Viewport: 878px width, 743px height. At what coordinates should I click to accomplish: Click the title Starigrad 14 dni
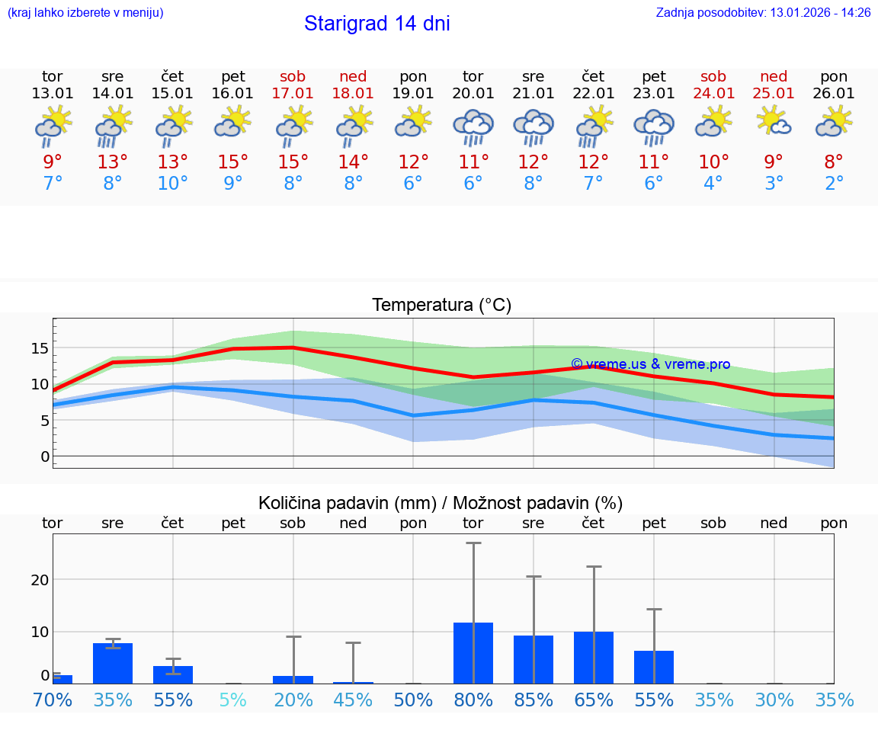377,24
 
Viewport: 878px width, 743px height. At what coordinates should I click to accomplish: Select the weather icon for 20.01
473,128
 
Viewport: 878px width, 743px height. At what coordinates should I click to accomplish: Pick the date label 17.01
293,94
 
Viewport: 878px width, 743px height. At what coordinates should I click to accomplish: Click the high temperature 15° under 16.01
232,162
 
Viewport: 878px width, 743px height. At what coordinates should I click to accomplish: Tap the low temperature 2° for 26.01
834,184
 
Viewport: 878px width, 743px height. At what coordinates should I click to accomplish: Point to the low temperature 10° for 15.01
172,184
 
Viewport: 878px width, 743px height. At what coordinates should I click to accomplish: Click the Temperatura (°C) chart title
441,306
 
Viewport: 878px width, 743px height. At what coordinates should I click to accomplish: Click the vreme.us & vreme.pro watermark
650,364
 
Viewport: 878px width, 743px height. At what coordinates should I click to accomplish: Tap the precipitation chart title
441,503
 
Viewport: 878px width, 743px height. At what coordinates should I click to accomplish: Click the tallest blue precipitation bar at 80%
473,653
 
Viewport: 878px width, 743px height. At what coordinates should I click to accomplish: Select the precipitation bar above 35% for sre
113,663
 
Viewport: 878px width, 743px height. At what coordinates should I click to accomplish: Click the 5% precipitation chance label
232,700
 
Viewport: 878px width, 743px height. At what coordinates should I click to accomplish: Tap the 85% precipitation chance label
534,700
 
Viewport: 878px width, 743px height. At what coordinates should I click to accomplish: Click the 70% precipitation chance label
53,700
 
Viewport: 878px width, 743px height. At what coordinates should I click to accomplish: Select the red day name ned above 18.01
353,76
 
